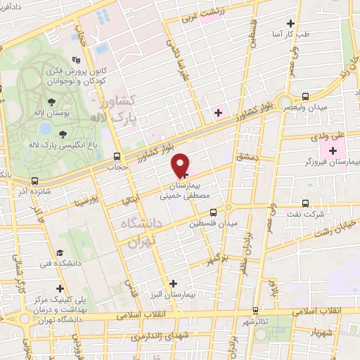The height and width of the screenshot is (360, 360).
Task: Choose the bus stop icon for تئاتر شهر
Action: pyautogui.click(x=255, y=310)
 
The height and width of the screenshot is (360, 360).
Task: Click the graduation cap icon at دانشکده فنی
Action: pyautogui.click(x=60, y=252)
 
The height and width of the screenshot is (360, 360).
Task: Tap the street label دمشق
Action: pyautogui.click(x=249, y=162)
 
